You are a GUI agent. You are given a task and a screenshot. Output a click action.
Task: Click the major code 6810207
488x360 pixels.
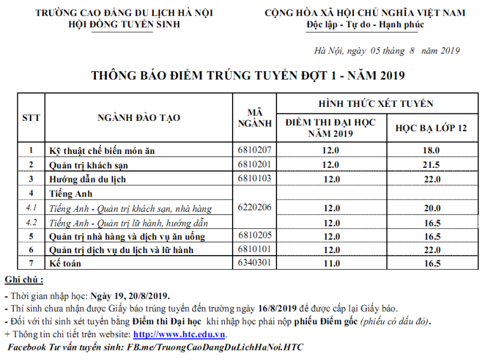click(254, 150)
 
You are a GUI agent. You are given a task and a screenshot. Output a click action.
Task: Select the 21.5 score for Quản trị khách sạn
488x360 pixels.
click(431, 165)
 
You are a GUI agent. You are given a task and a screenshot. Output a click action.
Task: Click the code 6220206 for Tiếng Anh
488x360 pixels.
click(254, 207)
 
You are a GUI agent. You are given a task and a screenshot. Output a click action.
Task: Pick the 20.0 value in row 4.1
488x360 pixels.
click(431, 208)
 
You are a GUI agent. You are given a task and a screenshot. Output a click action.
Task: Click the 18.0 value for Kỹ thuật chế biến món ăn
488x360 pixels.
click(431, 151)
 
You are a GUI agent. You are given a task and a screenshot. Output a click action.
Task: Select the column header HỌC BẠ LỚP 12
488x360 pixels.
click(431, 128)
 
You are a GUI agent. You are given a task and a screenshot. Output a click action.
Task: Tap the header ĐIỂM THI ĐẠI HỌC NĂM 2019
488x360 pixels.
click(331, 128)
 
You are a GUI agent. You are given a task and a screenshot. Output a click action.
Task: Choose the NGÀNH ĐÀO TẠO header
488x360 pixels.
click(139, 118)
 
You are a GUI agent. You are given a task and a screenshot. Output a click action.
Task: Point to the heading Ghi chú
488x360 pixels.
click(24, 280)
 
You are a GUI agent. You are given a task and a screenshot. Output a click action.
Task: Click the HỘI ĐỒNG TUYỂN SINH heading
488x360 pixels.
click(125, 24)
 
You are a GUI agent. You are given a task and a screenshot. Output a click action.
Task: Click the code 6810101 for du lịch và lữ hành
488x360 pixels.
click(254, 249)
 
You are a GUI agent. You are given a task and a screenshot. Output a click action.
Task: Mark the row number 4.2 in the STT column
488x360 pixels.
click(31, 223)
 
